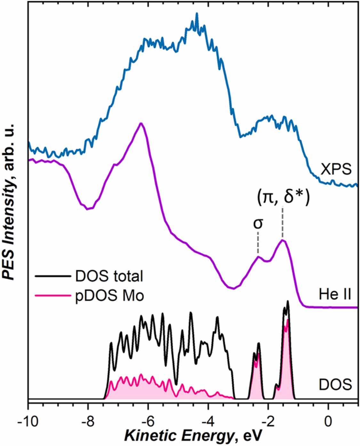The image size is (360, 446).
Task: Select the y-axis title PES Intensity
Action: point(10,202)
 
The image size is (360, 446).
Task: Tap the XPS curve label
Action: point(336,169)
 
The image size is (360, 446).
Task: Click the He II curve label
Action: point(335,294)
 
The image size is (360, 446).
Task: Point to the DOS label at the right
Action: point(335,384)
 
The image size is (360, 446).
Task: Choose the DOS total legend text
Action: point(109,276)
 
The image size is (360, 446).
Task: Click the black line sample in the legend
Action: point(52,276)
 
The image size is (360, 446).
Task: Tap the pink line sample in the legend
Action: point(52,295)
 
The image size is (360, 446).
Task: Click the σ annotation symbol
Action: point(258,223)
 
